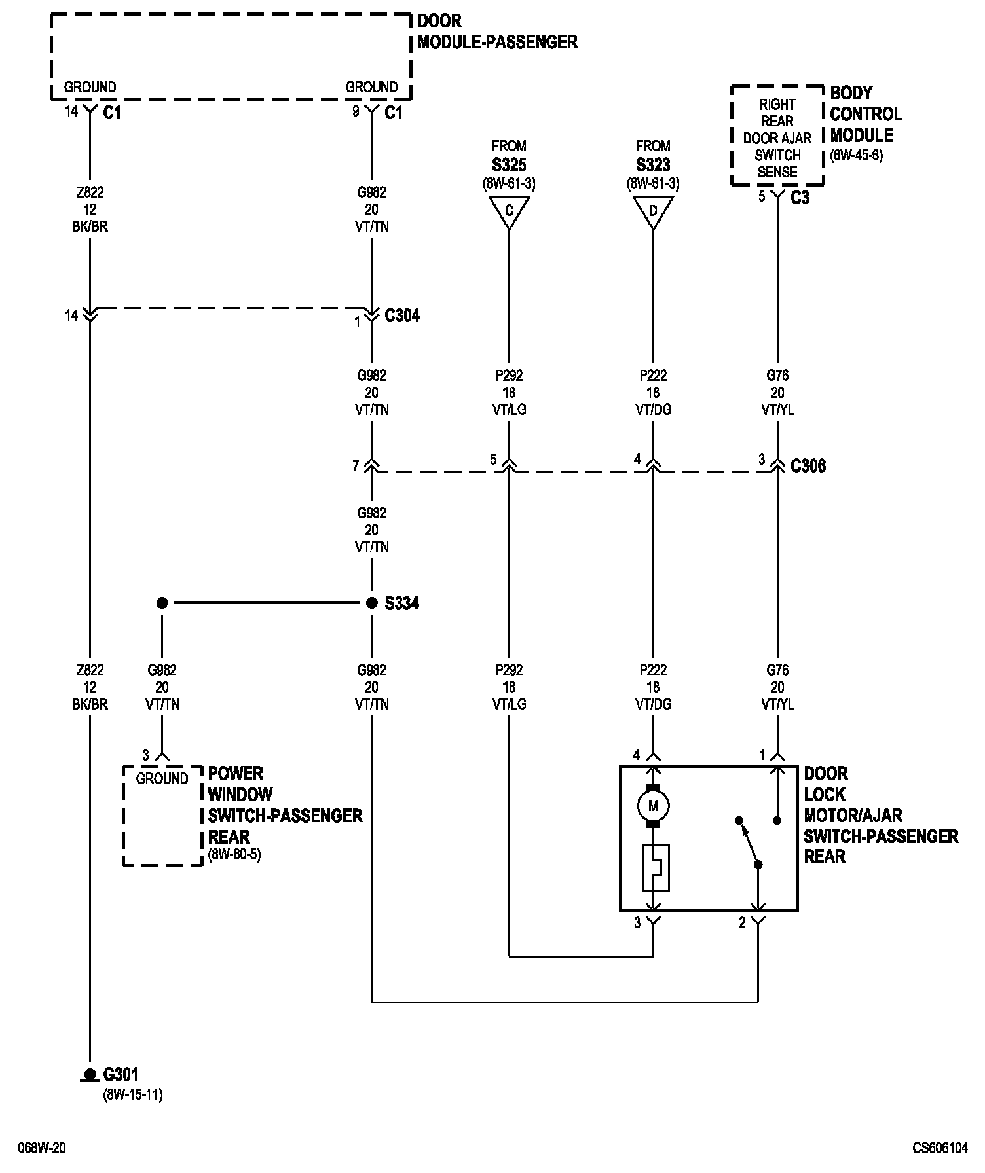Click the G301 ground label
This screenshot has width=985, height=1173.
coord(121,1074)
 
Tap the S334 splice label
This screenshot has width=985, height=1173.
coord(401,604)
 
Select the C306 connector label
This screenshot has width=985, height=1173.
coord(808,466)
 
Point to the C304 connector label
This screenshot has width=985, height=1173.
coord(402,316)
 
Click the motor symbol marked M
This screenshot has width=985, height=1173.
coord(653,806)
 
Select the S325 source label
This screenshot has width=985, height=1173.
coord(509,165)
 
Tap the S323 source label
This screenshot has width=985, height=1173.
coord(653,165)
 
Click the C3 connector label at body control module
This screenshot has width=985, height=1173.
coord(800,198)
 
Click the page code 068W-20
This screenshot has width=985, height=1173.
coord(42,1148)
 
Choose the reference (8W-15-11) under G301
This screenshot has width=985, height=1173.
coord(133,1094)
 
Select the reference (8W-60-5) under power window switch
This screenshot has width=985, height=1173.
coord(234,855)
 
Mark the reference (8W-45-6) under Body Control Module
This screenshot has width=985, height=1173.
coord(857,156)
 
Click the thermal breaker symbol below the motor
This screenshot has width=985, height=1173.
coord(656,869)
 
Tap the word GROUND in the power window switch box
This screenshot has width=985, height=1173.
coord(162,778)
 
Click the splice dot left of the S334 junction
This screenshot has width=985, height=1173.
coord(162,603)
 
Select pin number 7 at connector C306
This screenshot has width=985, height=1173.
coord(356,466)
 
